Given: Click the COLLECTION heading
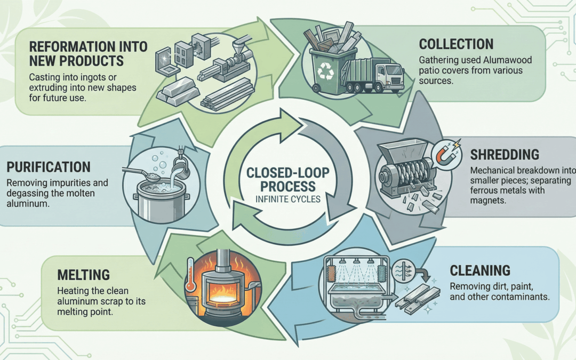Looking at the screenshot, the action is point(456,44).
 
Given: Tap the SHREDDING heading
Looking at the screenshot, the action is point(505,155).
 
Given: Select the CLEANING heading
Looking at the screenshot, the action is point(480,271).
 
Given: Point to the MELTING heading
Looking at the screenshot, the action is point(83,275).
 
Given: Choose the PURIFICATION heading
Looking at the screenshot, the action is point(49,167).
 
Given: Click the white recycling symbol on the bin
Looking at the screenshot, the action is point(325,71).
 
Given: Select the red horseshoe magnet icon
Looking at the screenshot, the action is point(445,155).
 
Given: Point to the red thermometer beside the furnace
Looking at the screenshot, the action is point(190,275).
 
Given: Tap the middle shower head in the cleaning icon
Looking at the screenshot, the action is point(356,262).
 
